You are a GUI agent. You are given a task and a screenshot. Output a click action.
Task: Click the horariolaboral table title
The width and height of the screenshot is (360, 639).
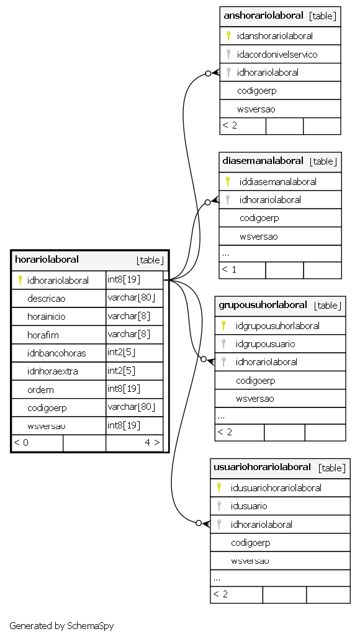[47, 259]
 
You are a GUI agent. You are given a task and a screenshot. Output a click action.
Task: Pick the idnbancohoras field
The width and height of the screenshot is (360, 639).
[56, 353]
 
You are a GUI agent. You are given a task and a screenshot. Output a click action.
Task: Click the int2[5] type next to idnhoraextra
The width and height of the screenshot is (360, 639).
[122, 371]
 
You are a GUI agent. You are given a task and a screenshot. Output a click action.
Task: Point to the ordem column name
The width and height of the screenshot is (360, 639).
[40, 389]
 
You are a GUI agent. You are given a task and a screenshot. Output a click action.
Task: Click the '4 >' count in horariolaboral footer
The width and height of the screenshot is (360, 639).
[152, 443]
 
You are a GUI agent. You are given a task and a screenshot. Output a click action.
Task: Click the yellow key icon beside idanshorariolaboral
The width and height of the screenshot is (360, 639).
[228, 36]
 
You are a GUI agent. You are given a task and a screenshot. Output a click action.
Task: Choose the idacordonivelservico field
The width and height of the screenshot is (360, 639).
[277, 54]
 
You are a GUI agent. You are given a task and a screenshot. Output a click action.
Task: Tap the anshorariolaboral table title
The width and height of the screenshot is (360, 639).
[264, 16]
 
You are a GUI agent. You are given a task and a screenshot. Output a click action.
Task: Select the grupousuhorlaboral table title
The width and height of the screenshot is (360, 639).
[263, 305]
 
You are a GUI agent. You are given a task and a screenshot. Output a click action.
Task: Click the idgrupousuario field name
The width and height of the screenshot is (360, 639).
[266, 344]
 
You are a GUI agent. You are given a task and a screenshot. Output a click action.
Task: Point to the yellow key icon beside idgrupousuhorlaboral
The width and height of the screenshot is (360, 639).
[223, 325]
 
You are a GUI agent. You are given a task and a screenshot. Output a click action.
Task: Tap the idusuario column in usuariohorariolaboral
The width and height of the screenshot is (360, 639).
[249, 506]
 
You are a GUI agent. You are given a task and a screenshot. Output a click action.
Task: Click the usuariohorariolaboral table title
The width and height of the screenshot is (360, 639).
[263, 467]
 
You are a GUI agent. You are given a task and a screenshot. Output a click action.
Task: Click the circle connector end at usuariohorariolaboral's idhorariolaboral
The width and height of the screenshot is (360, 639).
[199, 523]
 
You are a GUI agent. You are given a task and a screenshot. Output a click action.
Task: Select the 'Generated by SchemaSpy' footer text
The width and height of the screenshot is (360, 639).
[61, 625]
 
